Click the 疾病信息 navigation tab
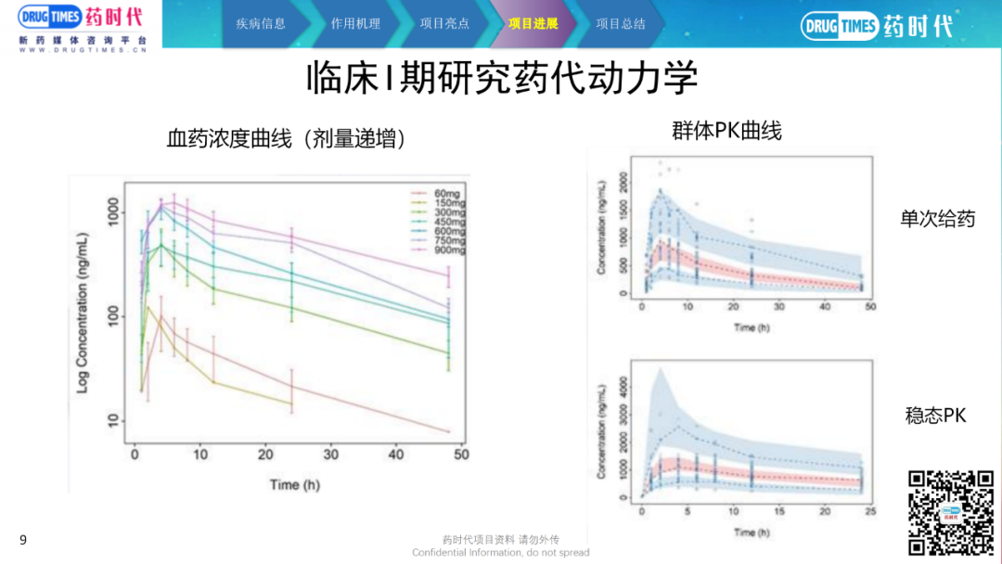[261, 24]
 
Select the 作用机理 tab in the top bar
[355, 24]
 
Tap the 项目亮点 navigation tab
[444, 24]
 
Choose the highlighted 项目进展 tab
[533, 24]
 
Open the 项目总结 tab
[621, 24]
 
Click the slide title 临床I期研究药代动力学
[502, 80]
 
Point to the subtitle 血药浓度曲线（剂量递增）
[287, 139]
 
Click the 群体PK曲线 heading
[726, 131]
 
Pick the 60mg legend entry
[442, 193]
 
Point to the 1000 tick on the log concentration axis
[109, 213]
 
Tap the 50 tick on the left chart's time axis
[461, 455]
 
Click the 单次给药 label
[937, 220]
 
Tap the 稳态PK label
[935, 416]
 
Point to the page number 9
[23, 540]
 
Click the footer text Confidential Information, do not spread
[501, 553]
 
